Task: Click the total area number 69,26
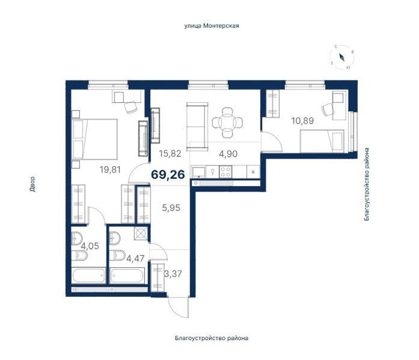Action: (x=168, y=175)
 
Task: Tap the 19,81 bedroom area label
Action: (x=110, y=169)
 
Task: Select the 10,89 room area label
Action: (x=303, y=121)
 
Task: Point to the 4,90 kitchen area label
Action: (x=228, y=154)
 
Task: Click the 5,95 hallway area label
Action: (x=171, y=208)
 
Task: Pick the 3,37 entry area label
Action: (x=174, y=274)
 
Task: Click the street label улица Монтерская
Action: (x=211, y=26)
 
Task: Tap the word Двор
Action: (x=33, y=184)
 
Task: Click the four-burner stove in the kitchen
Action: (x=225, y=171)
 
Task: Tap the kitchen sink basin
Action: (x=198, y=172)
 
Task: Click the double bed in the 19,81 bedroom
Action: (x=95, y=139)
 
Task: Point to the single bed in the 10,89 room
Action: (x=322, y=141)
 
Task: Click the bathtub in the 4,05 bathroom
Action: (x=88, y=275)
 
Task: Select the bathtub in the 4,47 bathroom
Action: (x=127, y=276)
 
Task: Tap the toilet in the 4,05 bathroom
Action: (x=79, y=256)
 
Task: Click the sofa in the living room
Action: (x=197, y=126)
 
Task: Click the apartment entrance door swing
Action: (x=178, y=308)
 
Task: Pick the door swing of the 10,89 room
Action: (x=271, y=142)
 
